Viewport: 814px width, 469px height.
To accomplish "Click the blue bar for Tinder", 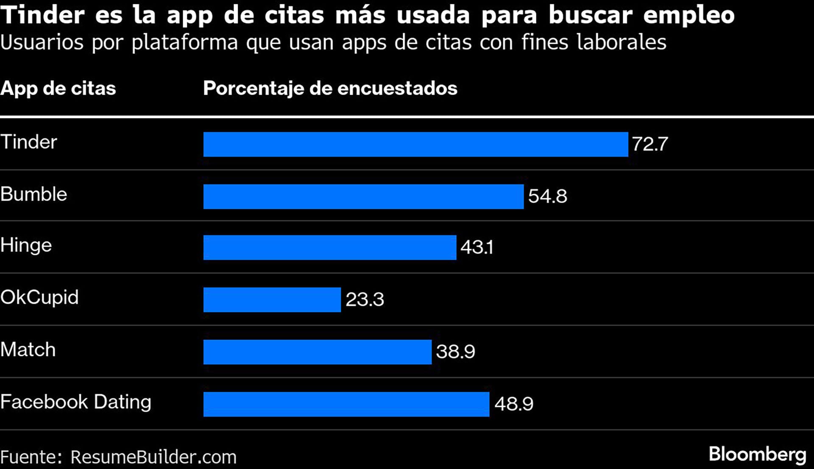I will tap(415, 144).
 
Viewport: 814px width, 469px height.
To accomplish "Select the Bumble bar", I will tap(363, 196).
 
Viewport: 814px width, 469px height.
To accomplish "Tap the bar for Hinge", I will tap(330, 247).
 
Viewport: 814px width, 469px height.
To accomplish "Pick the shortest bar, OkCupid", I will tap(272, 300).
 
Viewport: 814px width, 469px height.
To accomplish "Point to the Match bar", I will tap(317, 352).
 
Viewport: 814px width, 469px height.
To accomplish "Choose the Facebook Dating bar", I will tap(346, 404).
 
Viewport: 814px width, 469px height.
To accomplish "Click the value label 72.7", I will tap(650, 144).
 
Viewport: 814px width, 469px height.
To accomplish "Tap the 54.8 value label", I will tap(547, 196).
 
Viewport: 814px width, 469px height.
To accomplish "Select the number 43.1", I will tap(477, 247).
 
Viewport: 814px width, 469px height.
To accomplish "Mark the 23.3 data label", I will tap(365, 300).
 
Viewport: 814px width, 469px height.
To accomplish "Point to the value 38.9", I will tap(455, 352).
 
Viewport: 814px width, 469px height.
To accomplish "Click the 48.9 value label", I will tap(513, 404).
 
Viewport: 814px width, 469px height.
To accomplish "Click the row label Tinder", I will tap(29, 142).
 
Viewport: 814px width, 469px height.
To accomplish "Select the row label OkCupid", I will tap(39, 298).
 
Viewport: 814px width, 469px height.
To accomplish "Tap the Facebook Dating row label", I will tap(75, 402).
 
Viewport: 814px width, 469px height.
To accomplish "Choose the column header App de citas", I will tap(58, 89).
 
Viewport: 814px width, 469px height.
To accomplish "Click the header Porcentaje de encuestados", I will tap(330, 89).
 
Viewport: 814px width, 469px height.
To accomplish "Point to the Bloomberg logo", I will tap(757, 455).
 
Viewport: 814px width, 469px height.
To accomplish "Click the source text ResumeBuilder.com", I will tap(153, 458).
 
